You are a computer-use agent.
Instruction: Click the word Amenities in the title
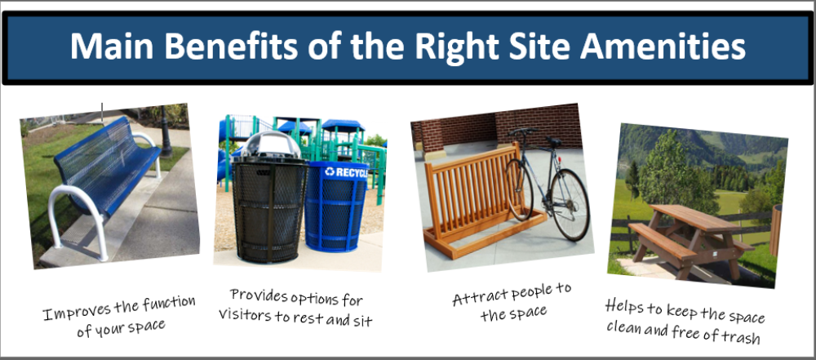(663, 47)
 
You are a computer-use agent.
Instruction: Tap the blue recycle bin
(336, 207)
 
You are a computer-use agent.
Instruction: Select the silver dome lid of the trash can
(271, 144)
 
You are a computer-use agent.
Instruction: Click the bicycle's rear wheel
(570, 204)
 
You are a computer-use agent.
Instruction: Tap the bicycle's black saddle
(552, 140)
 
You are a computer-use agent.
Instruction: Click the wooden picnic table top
(688, 216)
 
